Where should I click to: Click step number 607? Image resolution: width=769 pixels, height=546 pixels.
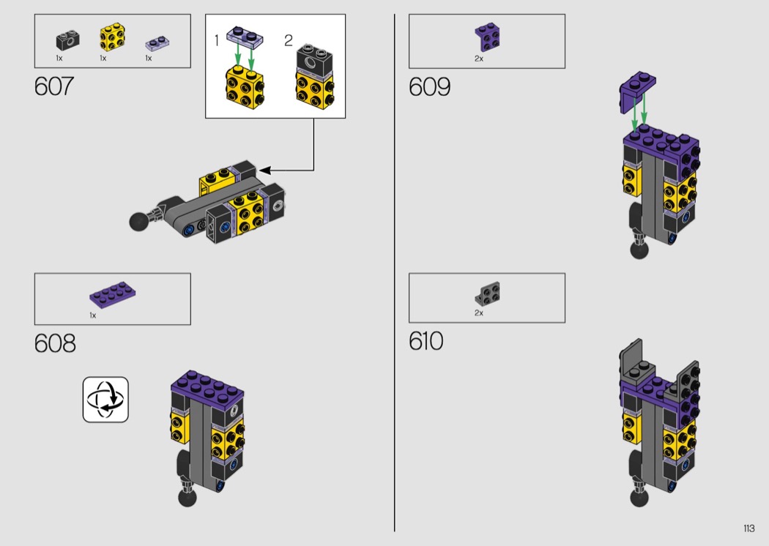point(54,86)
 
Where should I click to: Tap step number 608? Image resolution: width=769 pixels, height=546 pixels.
point(55,343)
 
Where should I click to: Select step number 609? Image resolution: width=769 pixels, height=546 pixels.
point(430,87)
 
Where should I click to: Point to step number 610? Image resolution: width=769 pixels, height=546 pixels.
point(426,341)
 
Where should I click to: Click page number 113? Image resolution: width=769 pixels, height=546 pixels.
point(748,528)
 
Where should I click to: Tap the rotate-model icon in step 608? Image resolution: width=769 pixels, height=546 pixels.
point(105,400)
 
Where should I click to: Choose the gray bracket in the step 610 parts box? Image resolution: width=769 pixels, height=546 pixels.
point(486,294)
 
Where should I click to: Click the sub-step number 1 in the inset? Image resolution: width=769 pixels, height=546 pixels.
point(217,41)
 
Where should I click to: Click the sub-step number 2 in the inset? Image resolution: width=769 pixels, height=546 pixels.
point(289,41)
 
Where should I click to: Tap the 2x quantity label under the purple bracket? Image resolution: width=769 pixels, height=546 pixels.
point(479,59)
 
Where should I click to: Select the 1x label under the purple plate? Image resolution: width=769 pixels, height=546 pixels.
point(93,315)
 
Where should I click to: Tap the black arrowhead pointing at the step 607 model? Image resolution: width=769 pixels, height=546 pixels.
point(264,171)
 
